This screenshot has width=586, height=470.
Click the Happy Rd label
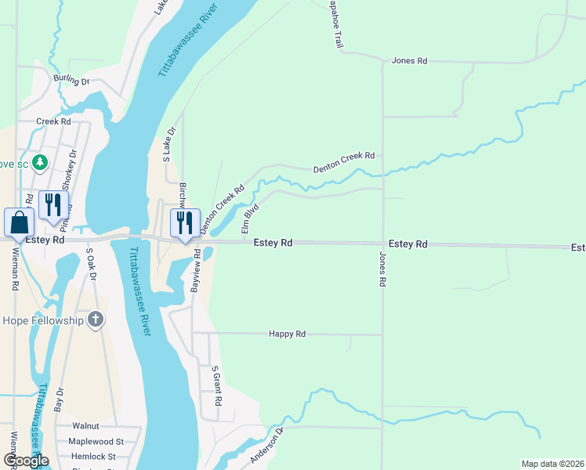(287, 334)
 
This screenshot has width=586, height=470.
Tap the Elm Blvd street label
(251, 219)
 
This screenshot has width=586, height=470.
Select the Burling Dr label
(72, 79)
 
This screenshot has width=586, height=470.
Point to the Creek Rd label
(54, 121)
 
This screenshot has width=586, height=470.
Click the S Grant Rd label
(217, 385)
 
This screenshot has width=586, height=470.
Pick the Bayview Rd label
(196, 270)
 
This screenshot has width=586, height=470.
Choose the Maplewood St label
(96, 442)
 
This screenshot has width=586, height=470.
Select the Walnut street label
(85, 426)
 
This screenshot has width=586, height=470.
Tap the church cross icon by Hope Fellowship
(95, 319)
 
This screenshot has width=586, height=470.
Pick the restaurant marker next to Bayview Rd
(185, 222)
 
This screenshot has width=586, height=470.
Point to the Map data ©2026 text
(552, 464)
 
